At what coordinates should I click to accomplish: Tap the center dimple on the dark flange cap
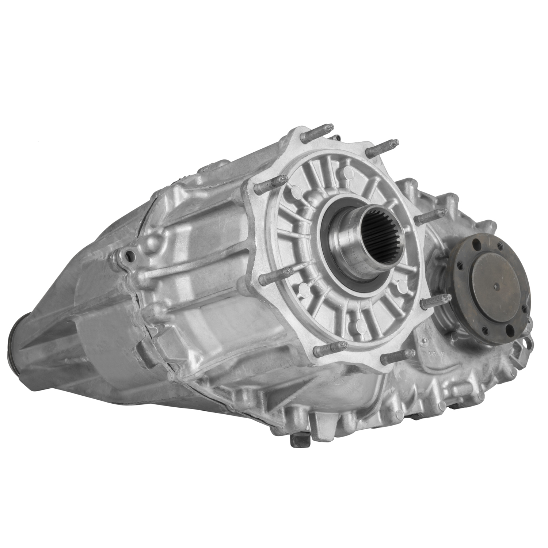[x=497, y=286]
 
